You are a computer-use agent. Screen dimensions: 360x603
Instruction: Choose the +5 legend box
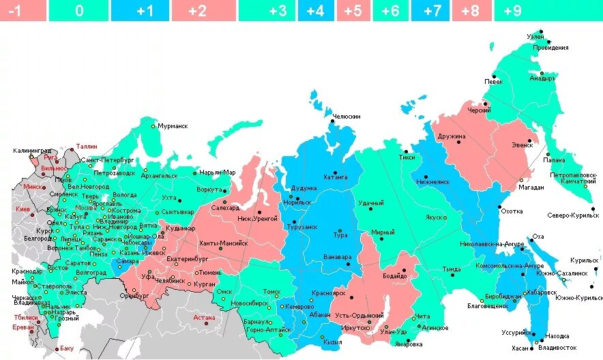tap(353, 10)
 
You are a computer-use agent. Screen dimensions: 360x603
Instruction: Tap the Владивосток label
tap(557, 347)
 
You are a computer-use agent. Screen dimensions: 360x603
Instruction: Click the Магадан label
tap(531, 187)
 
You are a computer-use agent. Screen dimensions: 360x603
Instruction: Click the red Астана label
tap(204, 317)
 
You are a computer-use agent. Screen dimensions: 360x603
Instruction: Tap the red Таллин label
tap(87, 146)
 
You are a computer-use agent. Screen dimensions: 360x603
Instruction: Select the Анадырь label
tap(543, 78)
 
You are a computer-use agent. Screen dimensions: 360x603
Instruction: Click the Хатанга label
tap(335, 177)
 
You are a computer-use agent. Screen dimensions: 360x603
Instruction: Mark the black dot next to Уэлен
tap(540, 31)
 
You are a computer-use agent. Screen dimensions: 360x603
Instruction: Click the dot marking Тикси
tap(405, 151)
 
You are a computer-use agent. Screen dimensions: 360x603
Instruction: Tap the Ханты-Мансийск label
tap(223, 242)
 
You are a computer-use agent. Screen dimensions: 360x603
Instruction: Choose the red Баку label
tap(66, 348)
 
